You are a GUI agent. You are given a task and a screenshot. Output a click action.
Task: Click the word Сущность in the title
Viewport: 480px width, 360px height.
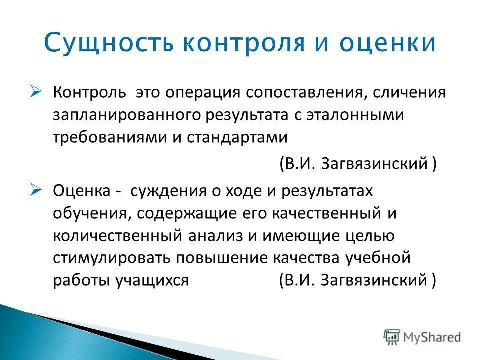point(108,44)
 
